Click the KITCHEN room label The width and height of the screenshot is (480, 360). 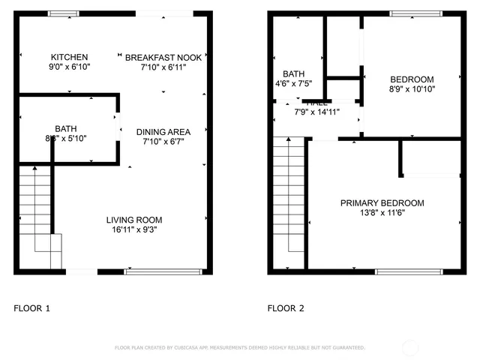(69, 58)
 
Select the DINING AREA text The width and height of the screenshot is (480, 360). (163, 132)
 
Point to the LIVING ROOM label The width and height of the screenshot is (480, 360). (134, 220)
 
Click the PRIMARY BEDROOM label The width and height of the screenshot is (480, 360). (382, 203)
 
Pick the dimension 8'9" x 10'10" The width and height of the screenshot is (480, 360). (412, 88)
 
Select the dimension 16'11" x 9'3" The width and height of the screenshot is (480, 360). (134, 229)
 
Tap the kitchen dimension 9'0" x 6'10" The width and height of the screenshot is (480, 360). (69, 67)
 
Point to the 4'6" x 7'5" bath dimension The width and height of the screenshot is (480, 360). (293, 83)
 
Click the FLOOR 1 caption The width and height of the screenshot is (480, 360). (32, 308)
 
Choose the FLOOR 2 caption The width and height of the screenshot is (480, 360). (286, 308)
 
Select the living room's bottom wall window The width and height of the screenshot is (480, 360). (154, 271)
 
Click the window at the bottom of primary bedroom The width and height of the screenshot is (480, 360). (408, 271)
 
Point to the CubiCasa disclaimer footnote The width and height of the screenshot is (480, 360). (239, 348)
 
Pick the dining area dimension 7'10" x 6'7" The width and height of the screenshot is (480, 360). (163, 141)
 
